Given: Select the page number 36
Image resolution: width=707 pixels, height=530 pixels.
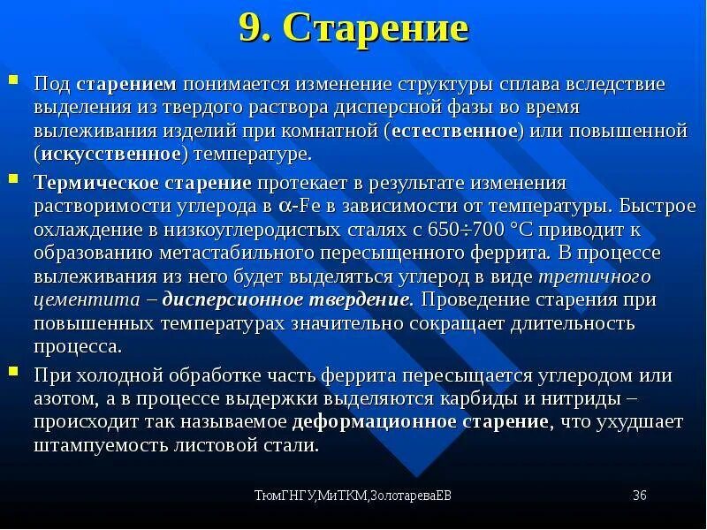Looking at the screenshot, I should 640,495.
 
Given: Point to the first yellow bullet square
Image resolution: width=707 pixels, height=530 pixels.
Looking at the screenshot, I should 13,81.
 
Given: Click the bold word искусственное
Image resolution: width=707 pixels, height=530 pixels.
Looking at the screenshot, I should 111,154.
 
